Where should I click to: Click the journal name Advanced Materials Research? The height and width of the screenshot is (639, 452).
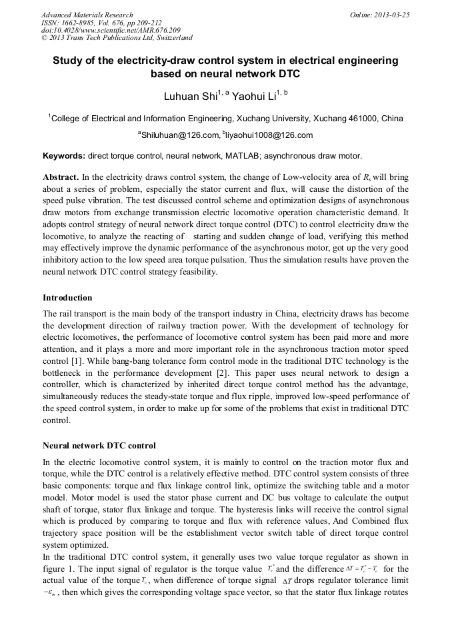87,15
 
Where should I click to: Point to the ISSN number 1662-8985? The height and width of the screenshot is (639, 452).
81,23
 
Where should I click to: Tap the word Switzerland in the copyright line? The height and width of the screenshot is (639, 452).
171,39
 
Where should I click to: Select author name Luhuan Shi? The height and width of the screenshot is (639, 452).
190,97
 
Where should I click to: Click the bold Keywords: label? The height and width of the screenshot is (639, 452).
64,157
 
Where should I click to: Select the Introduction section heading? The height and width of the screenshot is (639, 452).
67,297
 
